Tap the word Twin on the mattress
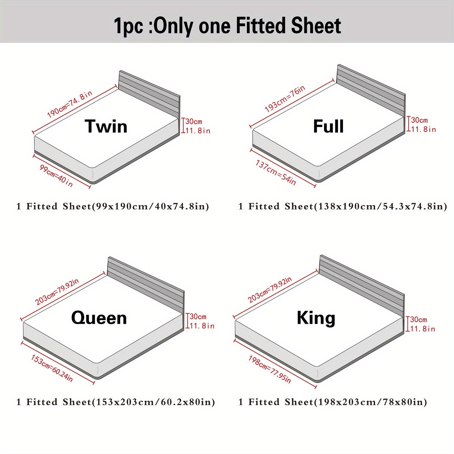106,126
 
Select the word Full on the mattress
328,126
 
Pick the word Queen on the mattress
99,318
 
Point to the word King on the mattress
316,318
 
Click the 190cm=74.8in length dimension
70,104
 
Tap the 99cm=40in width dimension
56,176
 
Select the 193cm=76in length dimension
285,98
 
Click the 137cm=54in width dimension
276,173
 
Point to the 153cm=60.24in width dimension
52,368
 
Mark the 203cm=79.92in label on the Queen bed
57,292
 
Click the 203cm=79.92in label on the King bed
270,290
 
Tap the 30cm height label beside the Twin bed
194,122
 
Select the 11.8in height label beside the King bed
423,329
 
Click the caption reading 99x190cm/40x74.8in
113,206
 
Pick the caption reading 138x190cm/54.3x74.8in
343,206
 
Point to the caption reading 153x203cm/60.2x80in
115,402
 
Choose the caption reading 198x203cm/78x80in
333,402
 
